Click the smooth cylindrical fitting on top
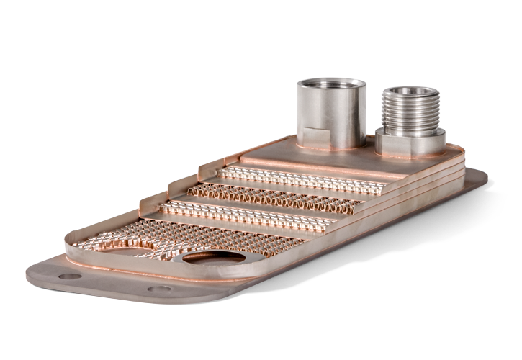[x=330, y=112]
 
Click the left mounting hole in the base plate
[x=69, y=276]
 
